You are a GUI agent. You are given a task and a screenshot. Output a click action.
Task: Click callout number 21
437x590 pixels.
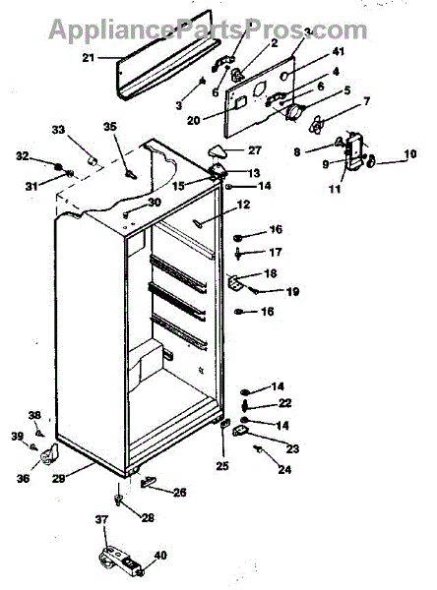(89, 58)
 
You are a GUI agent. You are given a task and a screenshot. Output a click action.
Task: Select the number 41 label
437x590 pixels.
(338, 51)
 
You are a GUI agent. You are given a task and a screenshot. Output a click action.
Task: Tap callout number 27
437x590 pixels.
(254, 150)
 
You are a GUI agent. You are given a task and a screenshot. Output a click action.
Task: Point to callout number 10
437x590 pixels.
(410, 154)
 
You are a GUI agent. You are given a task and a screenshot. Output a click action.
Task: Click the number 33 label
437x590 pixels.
(58, 130)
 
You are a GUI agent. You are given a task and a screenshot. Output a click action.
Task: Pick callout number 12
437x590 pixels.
(243, 205)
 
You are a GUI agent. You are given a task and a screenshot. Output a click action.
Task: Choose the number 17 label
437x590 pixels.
(276, 252)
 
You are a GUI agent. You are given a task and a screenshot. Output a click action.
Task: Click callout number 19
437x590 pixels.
(292, 291)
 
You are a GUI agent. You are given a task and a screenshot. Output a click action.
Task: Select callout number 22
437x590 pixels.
(284, 403)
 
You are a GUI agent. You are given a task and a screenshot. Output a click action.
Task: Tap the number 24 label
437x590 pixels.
(284, 469)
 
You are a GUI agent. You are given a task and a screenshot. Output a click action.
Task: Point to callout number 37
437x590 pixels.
(101, 519)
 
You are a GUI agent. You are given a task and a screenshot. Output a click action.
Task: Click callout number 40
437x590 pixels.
(160, 555)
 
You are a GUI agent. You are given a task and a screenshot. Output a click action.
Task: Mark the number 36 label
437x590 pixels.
(23, 478)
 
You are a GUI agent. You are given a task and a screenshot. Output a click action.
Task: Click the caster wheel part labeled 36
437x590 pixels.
(48, 453)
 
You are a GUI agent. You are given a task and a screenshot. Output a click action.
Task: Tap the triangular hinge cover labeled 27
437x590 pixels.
(218, 151)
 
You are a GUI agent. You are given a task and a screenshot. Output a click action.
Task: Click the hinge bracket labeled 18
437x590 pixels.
(235, 281)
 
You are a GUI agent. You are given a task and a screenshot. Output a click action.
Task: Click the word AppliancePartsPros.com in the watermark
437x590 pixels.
(208, 30)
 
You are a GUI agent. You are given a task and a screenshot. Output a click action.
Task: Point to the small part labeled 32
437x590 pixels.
(58, 167)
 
